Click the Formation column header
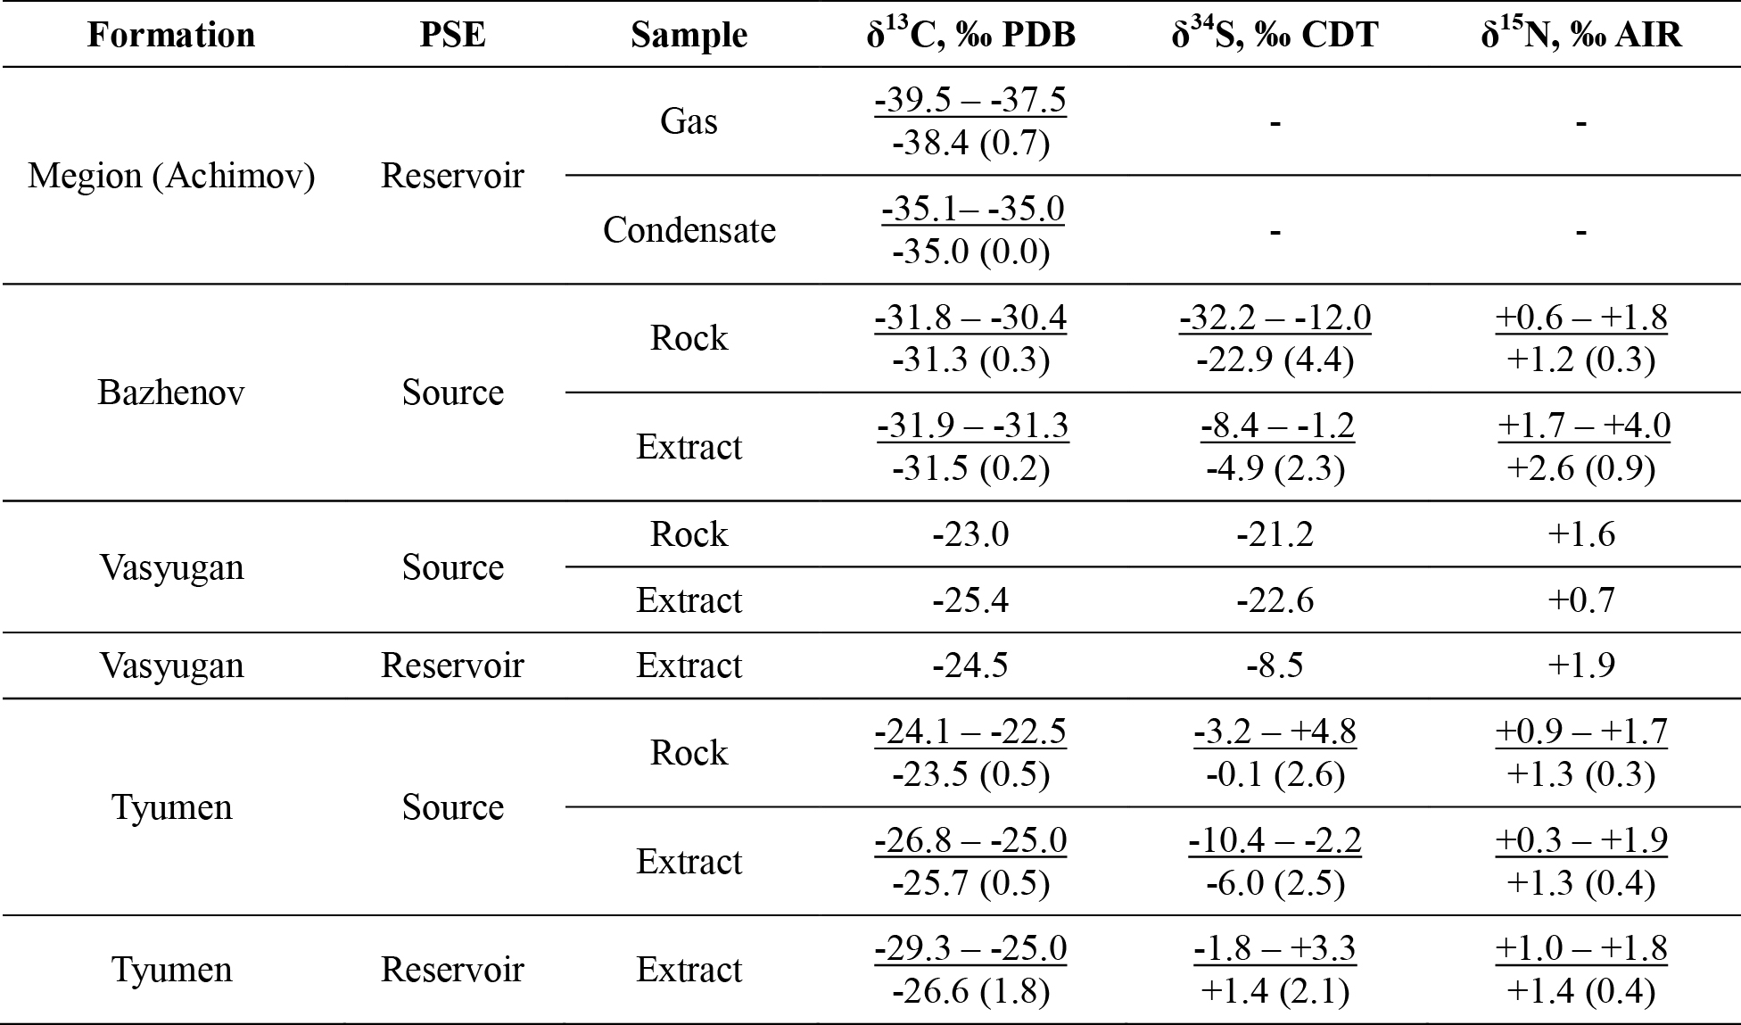point(171,35)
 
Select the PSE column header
point(453,35)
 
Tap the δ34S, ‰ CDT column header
point(1275,34)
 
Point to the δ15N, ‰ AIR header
point(1581,34)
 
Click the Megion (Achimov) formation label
point(171,176)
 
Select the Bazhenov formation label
point(171,393)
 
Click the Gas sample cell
point(689,121)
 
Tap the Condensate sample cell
point(689,230)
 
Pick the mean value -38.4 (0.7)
point(970,142)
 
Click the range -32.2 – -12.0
point(1275,318)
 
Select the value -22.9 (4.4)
point(1275,360)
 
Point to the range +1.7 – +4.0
point(1581,426)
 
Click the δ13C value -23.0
point(970,534)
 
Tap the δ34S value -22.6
point(1275,600)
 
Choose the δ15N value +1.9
point(1581,665)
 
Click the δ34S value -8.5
point(1275,665)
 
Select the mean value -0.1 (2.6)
point(1275,774)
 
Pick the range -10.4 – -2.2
point(1275,840)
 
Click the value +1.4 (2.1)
point(1275,990)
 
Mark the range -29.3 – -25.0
point(970,948)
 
